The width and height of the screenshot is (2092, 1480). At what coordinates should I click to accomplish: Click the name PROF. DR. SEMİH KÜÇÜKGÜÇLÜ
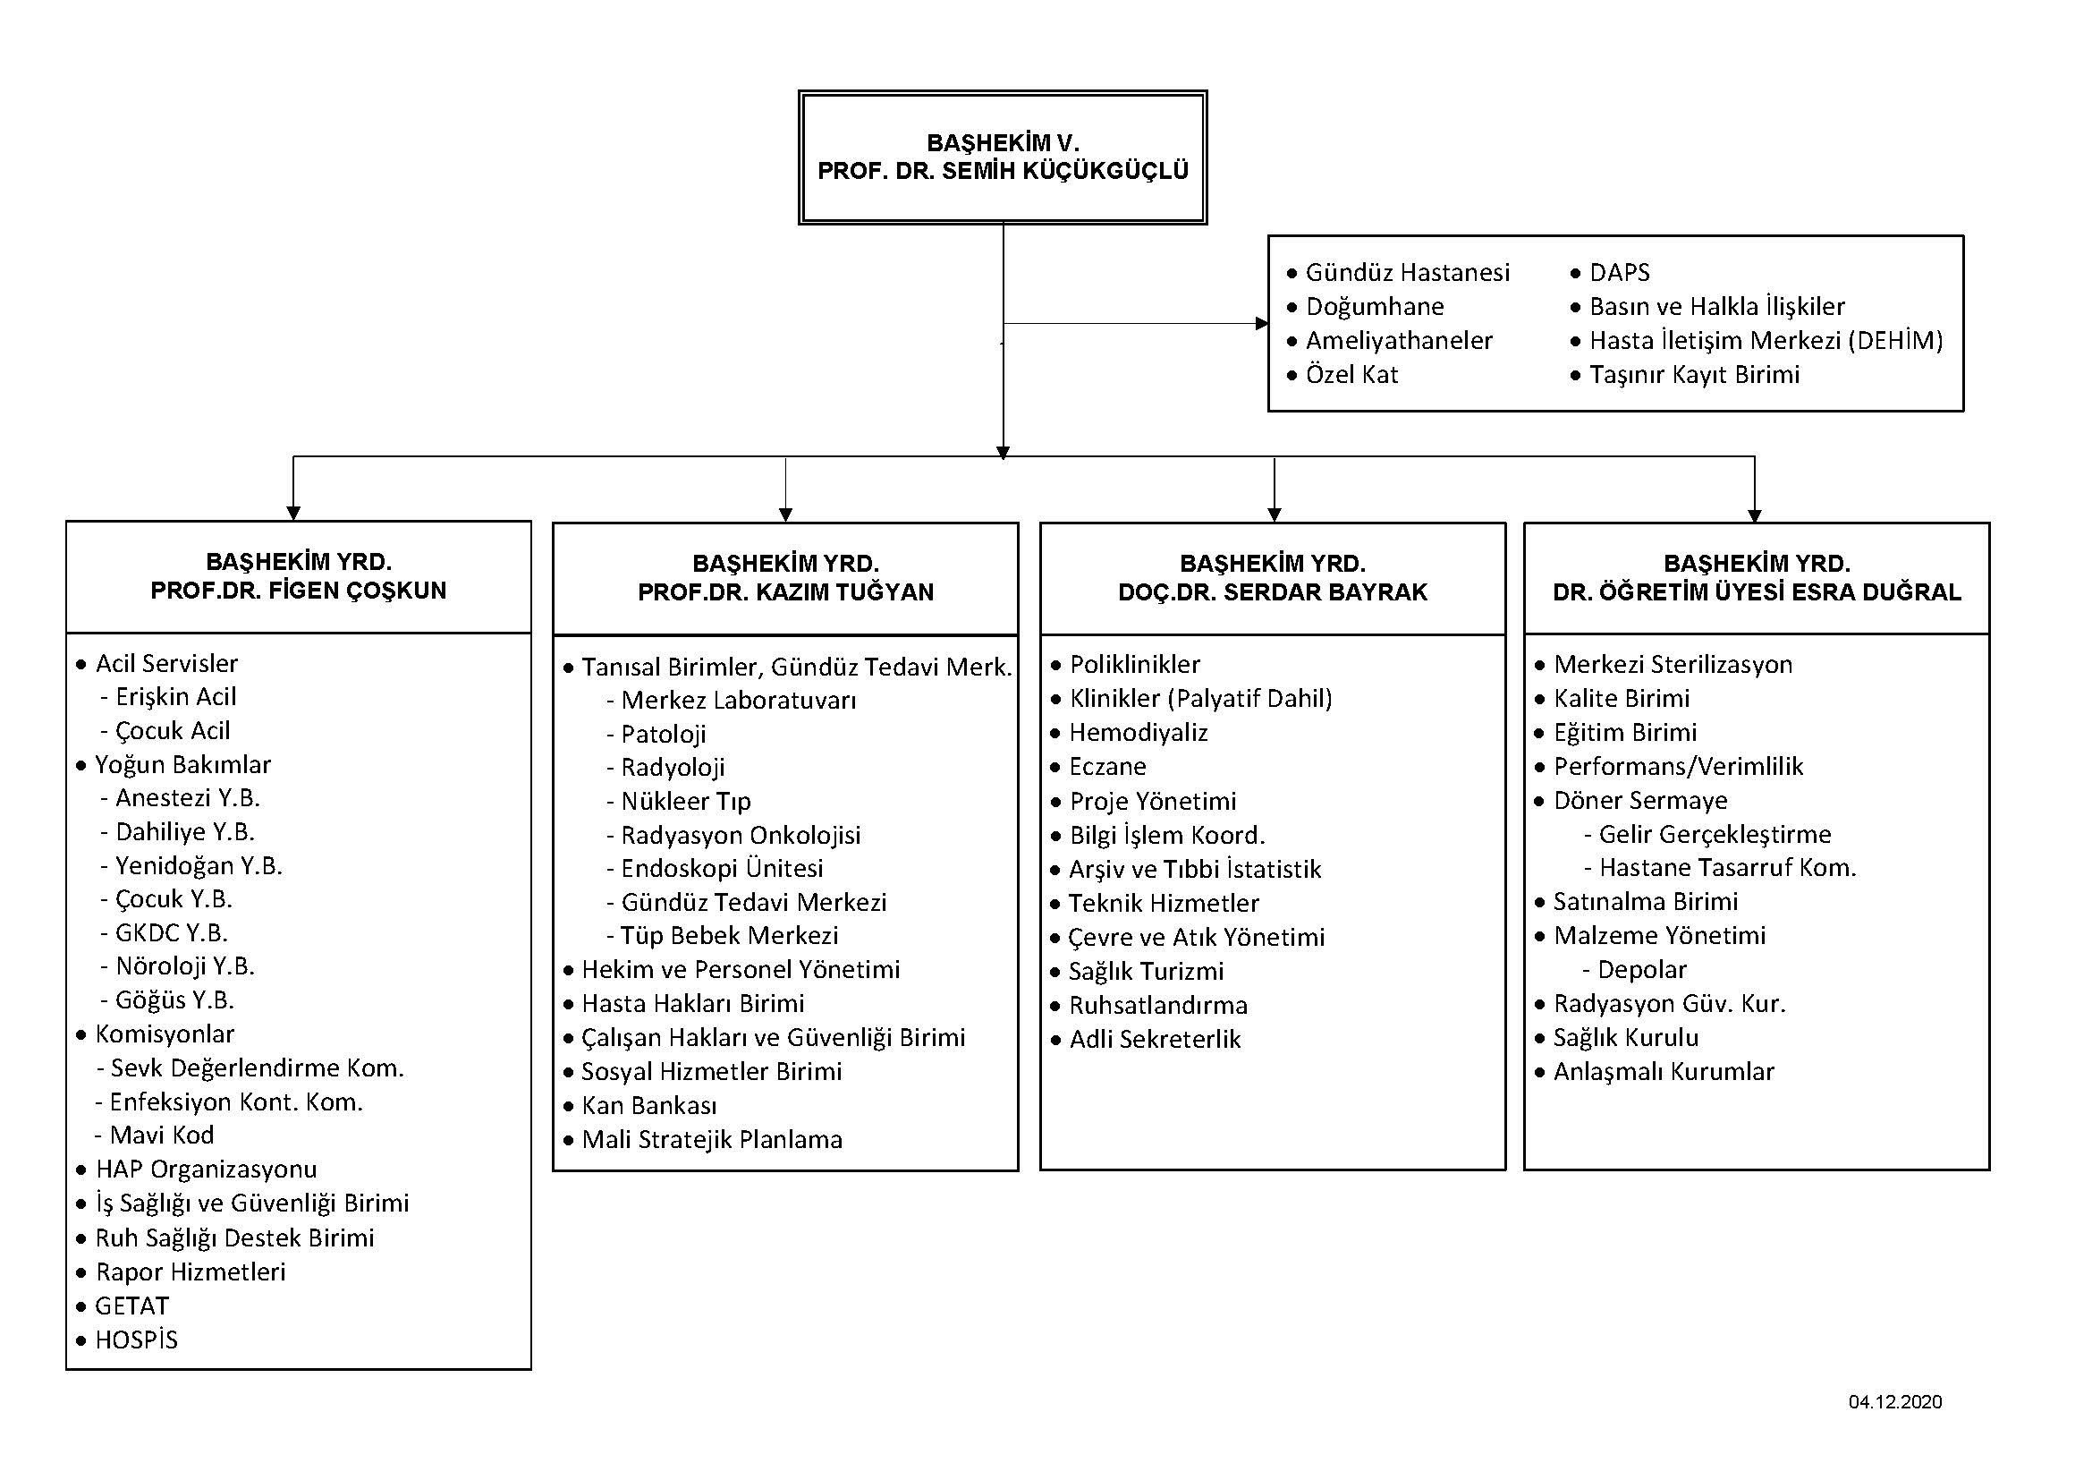[x=1004, y=170]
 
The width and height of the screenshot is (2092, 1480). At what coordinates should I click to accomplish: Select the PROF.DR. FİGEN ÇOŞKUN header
[x=299, y=591]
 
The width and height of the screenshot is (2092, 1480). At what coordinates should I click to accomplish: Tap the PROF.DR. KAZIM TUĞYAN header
[x=785, y=592]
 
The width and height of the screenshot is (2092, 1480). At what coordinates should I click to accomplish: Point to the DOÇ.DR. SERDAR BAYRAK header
[x=1273, y=592]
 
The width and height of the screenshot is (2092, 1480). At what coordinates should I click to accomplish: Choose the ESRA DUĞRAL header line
[x=1757, y=592]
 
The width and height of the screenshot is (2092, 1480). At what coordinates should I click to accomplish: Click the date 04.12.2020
[x=1895, y=1401]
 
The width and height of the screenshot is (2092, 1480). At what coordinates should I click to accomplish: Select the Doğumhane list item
[x=1375, y=306]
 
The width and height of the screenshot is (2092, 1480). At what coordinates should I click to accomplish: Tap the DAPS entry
[x=1619, y=273]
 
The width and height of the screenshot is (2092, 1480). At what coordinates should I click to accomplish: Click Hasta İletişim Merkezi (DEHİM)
[x=1766, y=341]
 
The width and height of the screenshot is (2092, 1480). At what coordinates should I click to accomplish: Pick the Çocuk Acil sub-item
[x=173, y=731]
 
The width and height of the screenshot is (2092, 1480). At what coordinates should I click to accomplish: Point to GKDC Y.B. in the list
[x=172, y=932]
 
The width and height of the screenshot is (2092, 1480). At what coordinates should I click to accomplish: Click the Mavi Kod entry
[x=161, y=1135]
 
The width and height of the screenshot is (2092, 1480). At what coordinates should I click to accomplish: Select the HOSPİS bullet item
[x=137, y=1340]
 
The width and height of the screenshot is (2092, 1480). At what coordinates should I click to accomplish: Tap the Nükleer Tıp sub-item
[x=686, y=801]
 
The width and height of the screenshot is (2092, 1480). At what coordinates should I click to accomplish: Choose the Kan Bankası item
[x=649, y=1105]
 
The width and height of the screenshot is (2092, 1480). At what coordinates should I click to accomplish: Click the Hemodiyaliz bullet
[x=1138, y=733]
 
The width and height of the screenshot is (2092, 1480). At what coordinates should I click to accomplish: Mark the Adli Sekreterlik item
[x=1156, y=1039]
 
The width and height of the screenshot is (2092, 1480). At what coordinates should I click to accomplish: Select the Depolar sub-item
[x=1643, y=969]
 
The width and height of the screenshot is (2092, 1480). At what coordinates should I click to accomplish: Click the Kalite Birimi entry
[x=1622, y=698]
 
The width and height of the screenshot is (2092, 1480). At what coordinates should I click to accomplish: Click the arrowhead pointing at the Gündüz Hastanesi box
[x=1262, y=324]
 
